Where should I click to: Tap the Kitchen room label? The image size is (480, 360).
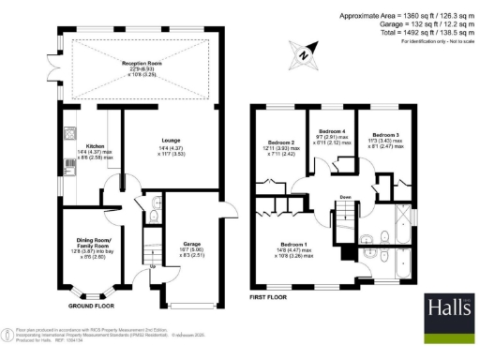(95, 146)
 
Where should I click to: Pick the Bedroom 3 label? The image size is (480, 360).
(384, 136)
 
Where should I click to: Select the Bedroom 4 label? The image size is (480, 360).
(333, 130)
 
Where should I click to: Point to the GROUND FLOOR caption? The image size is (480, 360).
(91, 306)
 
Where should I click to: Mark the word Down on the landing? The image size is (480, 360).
(345, 197)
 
